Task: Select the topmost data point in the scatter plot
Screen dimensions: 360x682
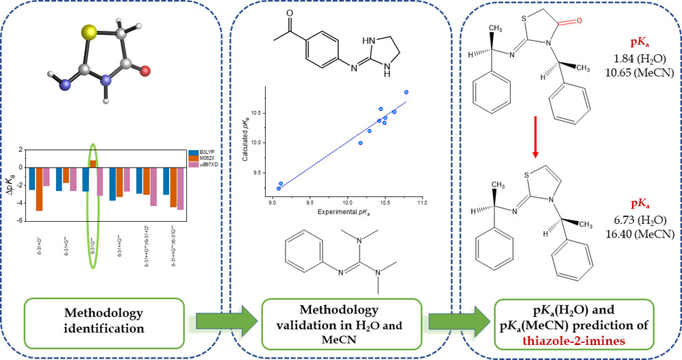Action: pos(406,92)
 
